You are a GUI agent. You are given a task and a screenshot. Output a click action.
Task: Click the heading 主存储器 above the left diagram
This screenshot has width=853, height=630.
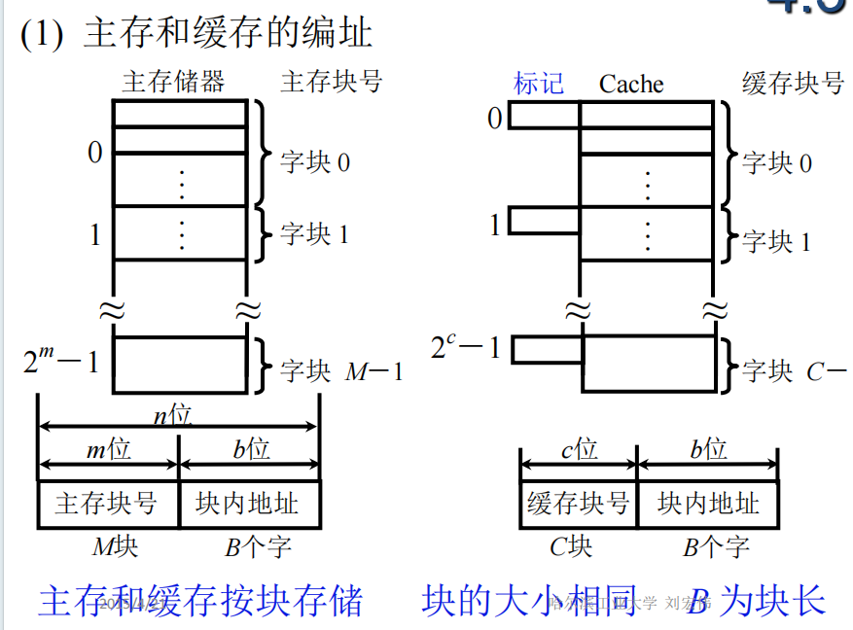pyautogui.click(x=173, y=82)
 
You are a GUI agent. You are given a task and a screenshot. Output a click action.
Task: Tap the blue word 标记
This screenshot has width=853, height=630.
pyautogui.click(x=538, y=84)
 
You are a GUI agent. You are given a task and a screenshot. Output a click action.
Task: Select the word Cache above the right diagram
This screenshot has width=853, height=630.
pyautogui.click(x=631, y=85)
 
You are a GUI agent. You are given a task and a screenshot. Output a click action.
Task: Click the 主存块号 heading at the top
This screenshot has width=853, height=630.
pyautogui.click(x=331, y=82)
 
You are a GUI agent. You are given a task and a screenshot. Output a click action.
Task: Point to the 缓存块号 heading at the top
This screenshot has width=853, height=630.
pyautogui.click(x=793, y=84)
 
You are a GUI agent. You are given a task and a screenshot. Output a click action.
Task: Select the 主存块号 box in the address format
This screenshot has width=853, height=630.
pyautogui.click(x=107, y=504)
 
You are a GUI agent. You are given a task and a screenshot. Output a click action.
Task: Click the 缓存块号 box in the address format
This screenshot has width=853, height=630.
pyautogui.click(x=578, y=504)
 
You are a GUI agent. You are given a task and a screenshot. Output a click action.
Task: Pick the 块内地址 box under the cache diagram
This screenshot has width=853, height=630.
pyautogui.click(x=708, y=504)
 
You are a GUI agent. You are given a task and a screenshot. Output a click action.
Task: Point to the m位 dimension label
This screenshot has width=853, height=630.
pyautogui.click(x=108, y=449)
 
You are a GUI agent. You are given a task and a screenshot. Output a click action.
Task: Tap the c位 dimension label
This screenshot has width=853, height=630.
pyautogui.click(x=579, y=449)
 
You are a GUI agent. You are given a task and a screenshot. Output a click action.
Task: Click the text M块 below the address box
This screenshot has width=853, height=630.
pyautogui.click(x=115, y=546)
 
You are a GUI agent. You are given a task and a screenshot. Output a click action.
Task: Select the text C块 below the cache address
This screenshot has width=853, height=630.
pyautogui.click(x=571, y=546)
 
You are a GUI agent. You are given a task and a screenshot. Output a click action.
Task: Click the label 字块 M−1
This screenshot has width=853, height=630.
pyautogui.click(x=341, y=371)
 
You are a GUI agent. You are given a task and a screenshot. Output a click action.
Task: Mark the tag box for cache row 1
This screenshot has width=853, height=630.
pyautogui.click(x=545, y=222)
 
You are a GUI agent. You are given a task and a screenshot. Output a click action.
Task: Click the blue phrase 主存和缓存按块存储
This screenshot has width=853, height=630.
pyautogui.click(x=200, y=601)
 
